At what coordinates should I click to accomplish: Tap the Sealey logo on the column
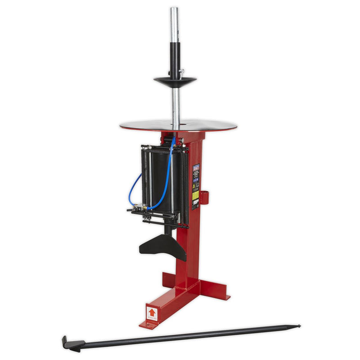pos(196,167)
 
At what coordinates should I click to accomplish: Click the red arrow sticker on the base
pos(152,311)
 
